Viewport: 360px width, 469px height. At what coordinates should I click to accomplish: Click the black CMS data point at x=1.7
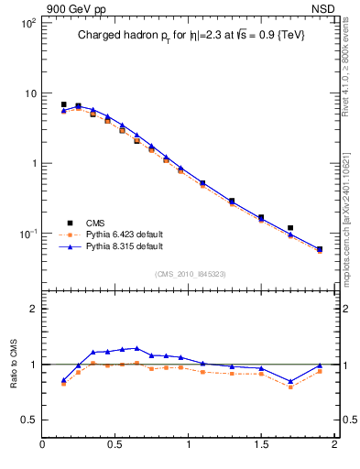[x=290, y=228]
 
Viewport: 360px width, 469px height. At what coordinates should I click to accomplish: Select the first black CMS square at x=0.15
[x=63, y=104]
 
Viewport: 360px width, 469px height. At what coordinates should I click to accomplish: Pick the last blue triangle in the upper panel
[x=320, y=248]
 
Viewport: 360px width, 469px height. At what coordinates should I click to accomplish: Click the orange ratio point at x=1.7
[x=290, y=387]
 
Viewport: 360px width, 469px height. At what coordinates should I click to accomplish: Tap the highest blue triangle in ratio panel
[x=136, y=348]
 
